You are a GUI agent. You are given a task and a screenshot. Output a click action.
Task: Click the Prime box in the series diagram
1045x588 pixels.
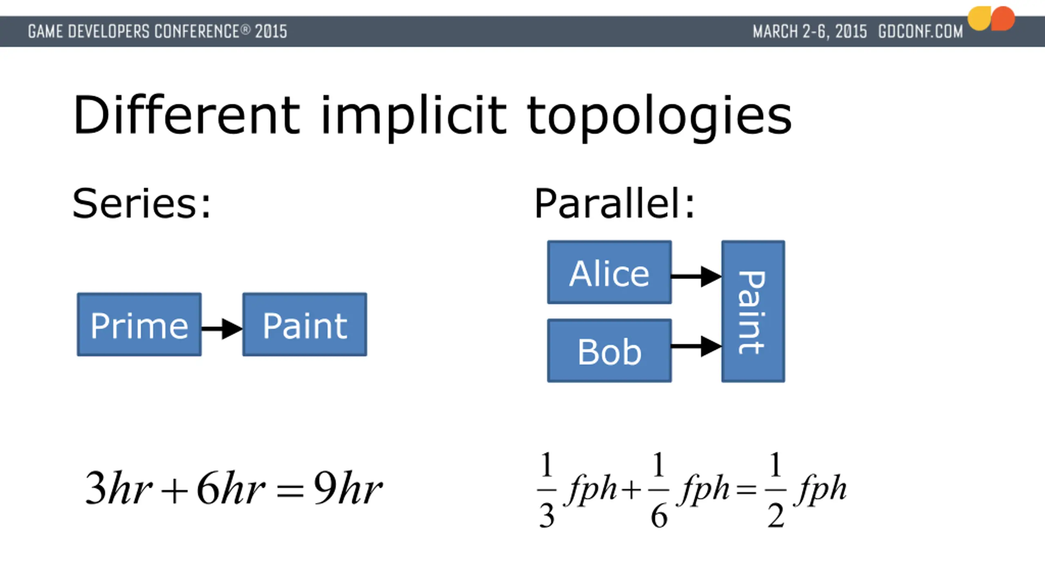pyautogui.click(x=139, y=325)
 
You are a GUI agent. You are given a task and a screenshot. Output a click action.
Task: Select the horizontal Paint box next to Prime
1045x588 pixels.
pyautogui.click(x=305, y=325)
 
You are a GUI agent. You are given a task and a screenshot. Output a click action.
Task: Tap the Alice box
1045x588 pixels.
pyautogui.click(x=609, y=272)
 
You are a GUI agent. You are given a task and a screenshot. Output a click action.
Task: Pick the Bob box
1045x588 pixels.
pyautogui.click(x=609, y=351)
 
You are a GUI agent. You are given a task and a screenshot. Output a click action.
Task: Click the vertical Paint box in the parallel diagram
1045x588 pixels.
pyautogui.click(x=753, y=312)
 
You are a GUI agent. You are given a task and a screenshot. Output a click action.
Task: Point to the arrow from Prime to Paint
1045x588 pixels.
pyautogui.click(x=222, y=329)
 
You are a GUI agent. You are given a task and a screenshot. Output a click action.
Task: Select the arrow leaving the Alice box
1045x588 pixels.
pyautogui.click(x=696, y=276)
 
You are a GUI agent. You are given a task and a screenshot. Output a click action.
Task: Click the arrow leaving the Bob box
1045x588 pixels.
pyautogui.click(x=696, y=346)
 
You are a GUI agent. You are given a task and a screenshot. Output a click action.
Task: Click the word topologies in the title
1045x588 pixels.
pyautogui.click(x=659, y=116)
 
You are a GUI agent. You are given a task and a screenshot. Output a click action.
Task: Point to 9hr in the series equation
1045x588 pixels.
pyautogui.click(x=347, y=488)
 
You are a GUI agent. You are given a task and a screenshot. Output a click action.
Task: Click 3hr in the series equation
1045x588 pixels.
pyautogui.click(x=118, y=488)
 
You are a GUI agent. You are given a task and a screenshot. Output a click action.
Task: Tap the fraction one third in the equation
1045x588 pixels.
pyautogui.click(x=547, y=489)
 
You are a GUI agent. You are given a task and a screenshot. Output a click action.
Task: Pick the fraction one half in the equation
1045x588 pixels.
pyautogui.click(x=776, y=489)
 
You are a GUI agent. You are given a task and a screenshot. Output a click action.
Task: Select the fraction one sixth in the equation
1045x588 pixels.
pyautogui.click(x=659, y=489)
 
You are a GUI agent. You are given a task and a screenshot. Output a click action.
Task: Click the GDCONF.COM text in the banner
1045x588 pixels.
pyautogui.click(x=920, y=31)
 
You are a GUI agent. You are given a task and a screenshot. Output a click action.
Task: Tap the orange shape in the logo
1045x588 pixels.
pyautogui.click(x=1003, y=18)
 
